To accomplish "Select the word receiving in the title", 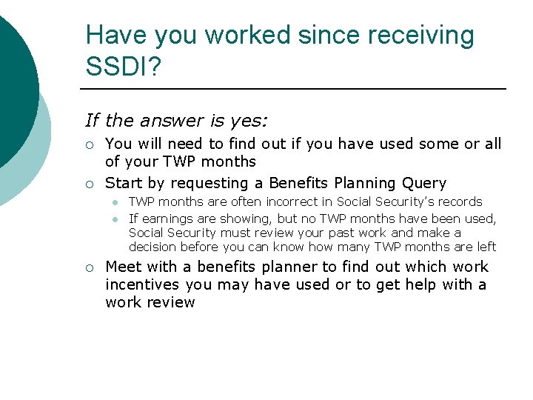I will coord(420,35).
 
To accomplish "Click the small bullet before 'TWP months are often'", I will coord(117,202).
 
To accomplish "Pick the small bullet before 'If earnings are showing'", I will coord(117,219).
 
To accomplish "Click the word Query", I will coord(421,183).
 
